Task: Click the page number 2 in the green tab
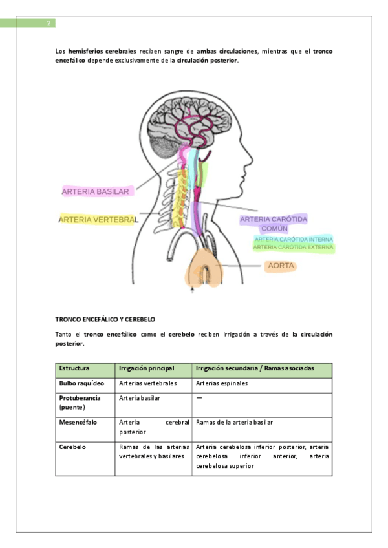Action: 48,24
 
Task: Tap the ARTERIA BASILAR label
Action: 96,191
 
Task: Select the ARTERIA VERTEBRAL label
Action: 98,220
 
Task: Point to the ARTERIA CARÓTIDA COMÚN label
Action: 274,224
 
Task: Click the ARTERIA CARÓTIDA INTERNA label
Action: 294,239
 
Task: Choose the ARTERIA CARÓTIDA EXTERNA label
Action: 294,247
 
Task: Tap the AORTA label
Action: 281,266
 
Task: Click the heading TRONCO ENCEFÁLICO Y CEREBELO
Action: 105,319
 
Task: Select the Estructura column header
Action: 74,368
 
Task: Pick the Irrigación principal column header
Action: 147,368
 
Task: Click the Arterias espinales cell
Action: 222,383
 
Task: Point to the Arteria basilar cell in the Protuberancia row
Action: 140,398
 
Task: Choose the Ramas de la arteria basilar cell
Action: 234,422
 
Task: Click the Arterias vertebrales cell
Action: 148,383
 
